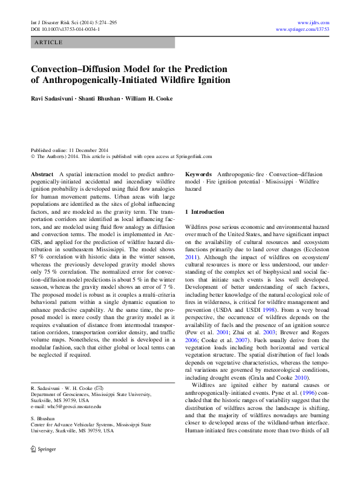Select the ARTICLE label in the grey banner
pyautogui.click(x=49, y=42)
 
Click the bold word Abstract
pyautogui.click(x=42, y=174)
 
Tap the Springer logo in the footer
pyautogui.click(x=43, y=450)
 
